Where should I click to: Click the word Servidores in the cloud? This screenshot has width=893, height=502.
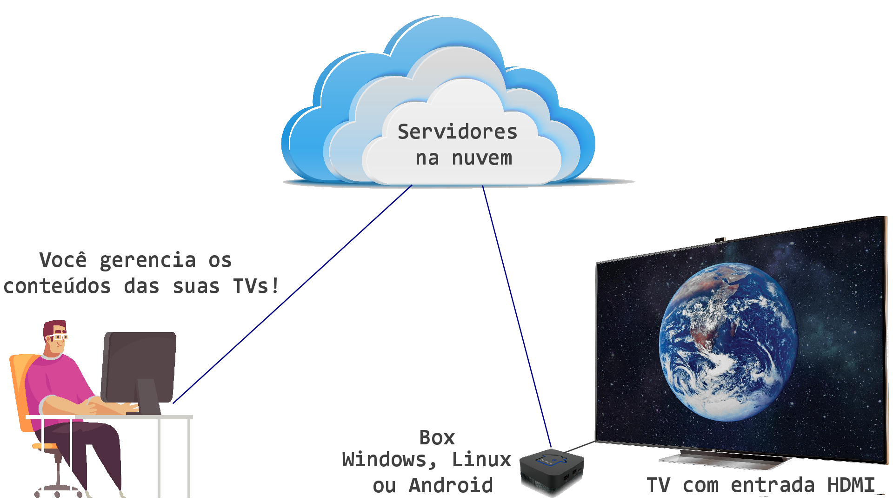457,132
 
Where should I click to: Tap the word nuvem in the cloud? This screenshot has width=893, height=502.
482,158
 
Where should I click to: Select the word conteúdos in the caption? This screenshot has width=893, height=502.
57,286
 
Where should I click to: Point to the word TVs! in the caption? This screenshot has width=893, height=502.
256,286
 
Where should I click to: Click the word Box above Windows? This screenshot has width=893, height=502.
437,437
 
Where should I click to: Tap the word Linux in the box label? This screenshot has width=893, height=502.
481,459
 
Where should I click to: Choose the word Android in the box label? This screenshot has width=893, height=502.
451,485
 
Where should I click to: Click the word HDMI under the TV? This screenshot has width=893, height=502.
851,485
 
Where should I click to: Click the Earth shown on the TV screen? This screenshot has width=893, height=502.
728,342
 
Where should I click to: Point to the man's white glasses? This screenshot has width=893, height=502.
58,337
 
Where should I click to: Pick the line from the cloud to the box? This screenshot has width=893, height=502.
517,317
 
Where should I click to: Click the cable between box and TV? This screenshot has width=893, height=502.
580,447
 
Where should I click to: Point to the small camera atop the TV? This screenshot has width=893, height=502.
720,240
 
